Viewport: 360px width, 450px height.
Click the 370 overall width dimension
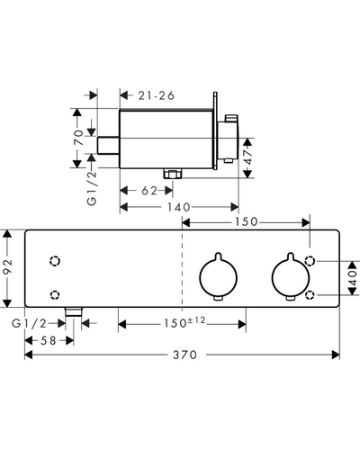pos(184,355)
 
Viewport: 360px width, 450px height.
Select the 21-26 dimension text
pos(157,95)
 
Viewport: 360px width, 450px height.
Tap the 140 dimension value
pos(179,207)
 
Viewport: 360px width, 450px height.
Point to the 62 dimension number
pos(149,191)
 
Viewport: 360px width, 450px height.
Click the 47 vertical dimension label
pos(248,157)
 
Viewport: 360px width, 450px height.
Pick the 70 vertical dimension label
pos(78,138)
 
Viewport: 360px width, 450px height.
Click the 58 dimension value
pos(48,340)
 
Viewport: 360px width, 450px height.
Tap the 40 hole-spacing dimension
pos(353,278)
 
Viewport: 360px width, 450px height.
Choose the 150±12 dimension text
pos(184,322)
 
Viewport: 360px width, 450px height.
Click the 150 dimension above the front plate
pos(247,221)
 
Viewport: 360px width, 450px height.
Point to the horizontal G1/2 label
pos(30,323)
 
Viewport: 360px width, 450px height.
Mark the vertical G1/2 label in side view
pos(92,188)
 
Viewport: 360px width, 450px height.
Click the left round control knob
pos(219,276)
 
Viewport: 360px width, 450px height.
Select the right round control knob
pos(290,276)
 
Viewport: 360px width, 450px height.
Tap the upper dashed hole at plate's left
pos(55,261)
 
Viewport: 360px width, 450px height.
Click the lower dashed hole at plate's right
pos(310,295)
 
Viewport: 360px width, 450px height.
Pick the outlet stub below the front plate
pos(74,311)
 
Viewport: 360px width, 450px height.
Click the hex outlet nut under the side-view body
pos(173,174)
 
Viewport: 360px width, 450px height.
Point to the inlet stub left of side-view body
pos(109,146)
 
